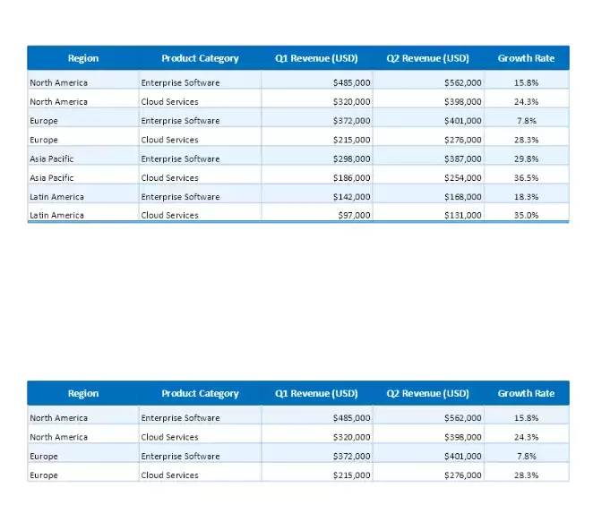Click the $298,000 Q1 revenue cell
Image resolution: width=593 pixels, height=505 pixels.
point(351,159)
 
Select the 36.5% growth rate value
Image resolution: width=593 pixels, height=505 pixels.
point(526,178)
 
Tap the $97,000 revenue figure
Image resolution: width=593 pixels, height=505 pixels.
point(354,216)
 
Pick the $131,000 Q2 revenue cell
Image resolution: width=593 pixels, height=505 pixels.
point(462,216)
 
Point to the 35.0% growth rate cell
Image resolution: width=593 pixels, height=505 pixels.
point(526,216)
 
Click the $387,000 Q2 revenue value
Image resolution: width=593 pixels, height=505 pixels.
point(462,159)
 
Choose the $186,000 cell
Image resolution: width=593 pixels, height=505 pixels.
point(351,178)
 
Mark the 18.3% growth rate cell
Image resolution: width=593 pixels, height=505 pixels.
point(526,197)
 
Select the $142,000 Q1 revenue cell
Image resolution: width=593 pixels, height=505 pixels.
point(351,197)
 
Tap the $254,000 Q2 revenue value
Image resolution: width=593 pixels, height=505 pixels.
point(462,178)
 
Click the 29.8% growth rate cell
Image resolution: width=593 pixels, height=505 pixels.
point(526,159)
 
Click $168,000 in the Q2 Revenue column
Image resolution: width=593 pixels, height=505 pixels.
point(462,197)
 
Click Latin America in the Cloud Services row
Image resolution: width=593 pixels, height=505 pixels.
point(56,216)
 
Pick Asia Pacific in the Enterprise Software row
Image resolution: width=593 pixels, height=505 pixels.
point(52,159)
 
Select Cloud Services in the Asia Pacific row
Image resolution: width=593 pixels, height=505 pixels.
point(169,178)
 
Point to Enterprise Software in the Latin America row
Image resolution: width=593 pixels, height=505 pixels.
point(180,197)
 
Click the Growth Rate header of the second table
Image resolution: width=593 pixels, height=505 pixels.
point(526,393)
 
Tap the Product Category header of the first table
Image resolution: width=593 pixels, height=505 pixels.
point(200,58)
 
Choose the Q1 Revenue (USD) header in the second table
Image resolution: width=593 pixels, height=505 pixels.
point(316,393)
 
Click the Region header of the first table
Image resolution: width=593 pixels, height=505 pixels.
point(83,58)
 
